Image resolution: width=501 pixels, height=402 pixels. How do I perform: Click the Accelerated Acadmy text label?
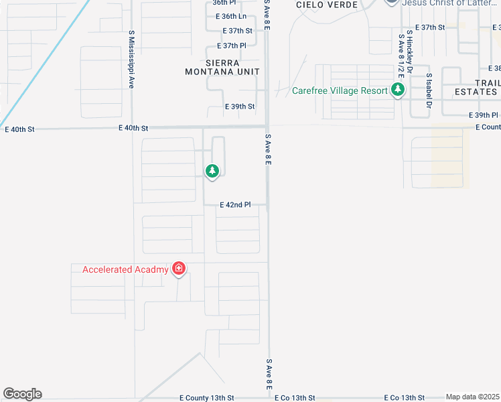pos(125,270)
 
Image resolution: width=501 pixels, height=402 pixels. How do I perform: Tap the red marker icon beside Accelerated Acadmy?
pos(179,269)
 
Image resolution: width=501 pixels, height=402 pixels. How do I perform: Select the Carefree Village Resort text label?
pos(340,90)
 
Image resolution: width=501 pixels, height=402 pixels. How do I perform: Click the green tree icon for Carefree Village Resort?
pos(398,90)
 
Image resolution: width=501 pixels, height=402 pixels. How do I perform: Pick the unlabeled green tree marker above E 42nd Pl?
pos(212,172)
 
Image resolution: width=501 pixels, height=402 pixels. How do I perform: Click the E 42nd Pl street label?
pos(234,205)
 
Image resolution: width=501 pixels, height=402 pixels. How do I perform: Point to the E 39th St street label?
pos(240,107)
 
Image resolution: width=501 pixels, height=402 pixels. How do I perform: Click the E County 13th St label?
pos(207,397)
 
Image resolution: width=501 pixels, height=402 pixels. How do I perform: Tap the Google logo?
pos(22,394)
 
